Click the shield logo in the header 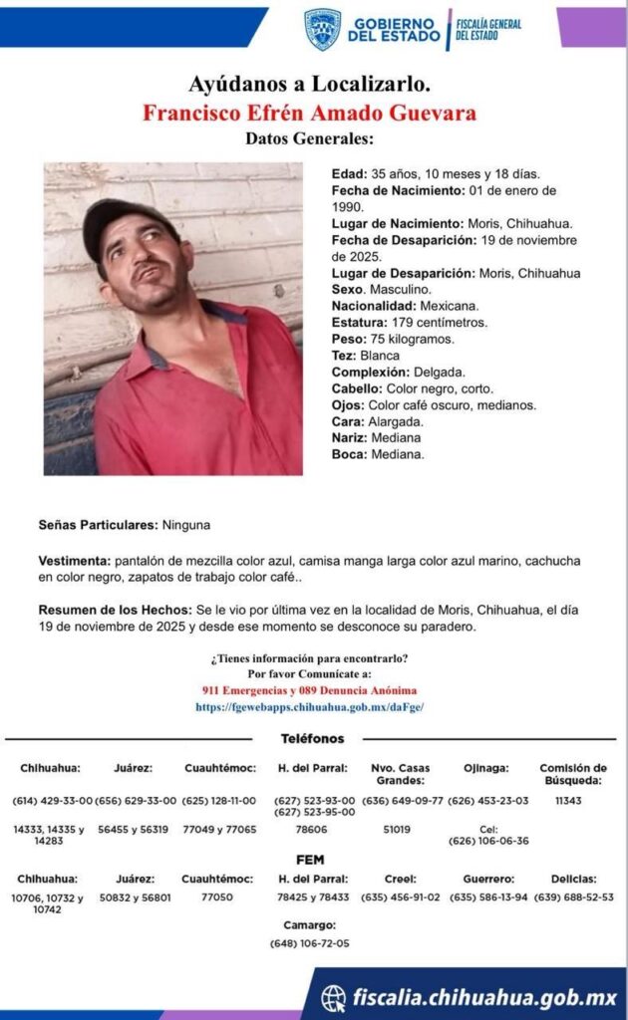point(322,29)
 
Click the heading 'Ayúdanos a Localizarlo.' point(309,85)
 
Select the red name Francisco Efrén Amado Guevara point(309,112)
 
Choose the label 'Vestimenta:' point(75,561)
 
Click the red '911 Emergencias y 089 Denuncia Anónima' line point(309,690)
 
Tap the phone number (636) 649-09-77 point(403,801)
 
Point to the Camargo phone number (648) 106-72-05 point(309,943)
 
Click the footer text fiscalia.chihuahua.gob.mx point(484,997)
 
